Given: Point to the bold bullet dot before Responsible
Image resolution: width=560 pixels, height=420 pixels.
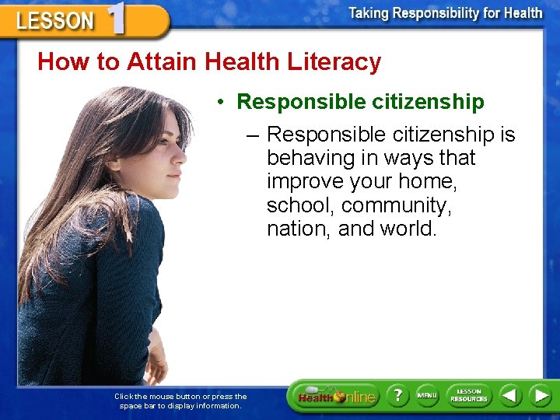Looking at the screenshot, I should [x=222, y=103].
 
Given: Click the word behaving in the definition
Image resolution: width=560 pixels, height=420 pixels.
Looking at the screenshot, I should [x=306, y=158].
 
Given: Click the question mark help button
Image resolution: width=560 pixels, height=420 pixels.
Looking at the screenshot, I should [x=398, y=396].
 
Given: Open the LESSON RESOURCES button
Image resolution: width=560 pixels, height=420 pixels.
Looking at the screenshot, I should [x=468, y=396].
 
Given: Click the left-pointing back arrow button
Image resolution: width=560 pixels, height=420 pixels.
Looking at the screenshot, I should [x=510, y=396].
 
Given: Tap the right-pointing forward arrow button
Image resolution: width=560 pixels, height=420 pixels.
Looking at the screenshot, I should [x=540, y=396].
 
